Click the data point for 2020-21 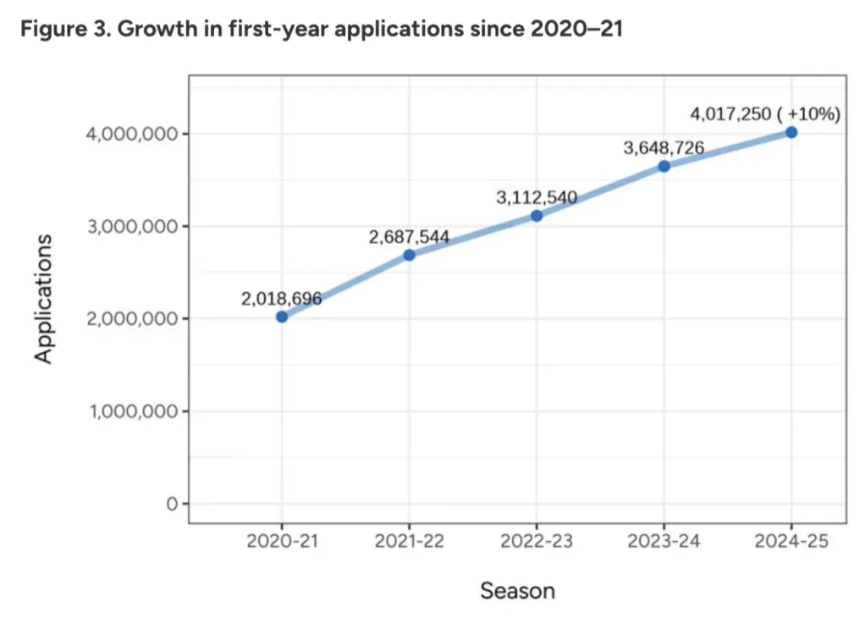click(x=282, y=317)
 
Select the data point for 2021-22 click(x=410, y=255)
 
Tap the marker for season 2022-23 click(x=537, y=216)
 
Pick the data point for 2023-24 click(x=664, y=166)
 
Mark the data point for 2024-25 click(x=791, y=132)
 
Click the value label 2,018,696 click(x=283, y=297)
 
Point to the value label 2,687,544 click(x=409, y=236)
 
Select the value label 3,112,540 click(x=537, y=198)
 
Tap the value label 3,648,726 click(x=664, y=148)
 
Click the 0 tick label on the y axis click(x=172, y=505)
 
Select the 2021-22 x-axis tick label click(x=410, y=542)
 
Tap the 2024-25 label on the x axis click(x=791, y=542)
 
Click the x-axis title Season click(x=517, y=590)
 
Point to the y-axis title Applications click(x=44, y=299)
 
